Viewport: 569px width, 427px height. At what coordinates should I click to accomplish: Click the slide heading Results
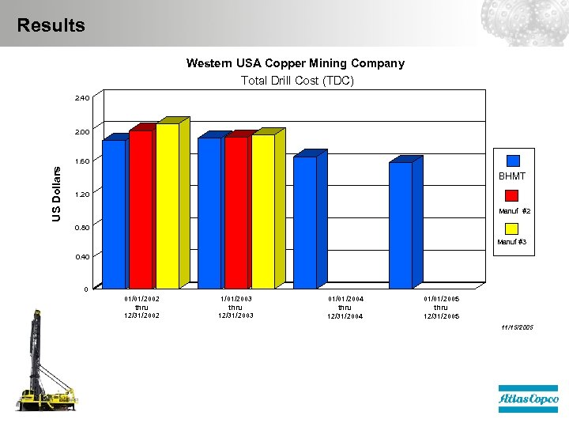tap(51, 25)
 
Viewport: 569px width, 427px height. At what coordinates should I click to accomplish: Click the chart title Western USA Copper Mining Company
tap(295, 63)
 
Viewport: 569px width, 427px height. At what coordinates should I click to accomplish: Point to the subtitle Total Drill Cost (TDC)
tap(296, 81)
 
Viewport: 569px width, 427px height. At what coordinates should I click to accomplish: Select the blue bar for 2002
tap(114, 213)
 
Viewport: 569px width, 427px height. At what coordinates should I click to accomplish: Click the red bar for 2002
tap(141, 210)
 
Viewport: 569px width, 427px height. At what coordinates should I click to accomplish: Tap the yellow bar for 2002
tap(167, 206)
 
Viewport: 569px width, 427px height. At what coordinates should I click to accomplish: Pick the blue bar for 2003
tap(209, 212)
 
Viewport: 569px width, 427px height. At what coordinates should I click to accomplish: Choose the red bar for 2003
tap(236, 212)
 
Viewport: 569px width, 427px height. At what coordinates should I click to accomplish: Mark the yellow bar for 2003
tap(262, 211)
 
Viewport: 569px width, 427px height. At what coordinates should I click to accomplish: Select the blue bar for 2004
tap(305, 222)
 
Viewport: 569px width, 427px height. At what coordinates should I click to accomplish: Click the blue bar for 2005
tap(401, 225)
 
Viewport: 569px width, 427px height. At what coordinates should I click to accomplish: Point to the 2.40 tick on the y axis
tap(82, 99)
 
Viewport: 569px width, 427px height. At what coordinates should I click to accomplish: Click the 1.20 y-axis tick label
tap(82, 194)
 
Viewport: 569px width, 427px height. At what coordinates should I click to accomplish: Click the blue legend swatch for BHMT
tap(513, 161)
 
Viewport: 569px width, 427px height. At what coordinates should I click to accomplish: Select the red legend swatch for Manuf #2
tap(512, 196)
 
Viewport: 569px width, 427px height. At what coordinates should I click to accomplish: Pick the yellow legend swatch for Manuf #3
tap(512, 229)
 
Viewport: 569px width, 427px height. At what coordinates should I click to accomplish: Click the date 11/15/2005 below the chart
tap(518, 327)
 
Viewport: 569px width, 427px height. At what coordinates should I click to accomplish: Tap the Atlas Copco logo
tap(528, 399)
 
